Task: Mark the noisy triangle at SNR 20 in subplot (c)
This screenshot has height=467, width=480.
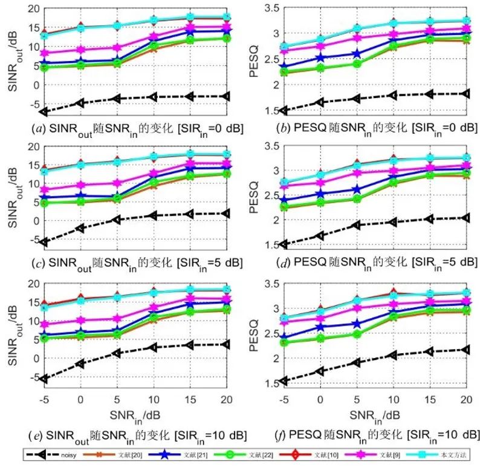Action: (225, 213)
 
